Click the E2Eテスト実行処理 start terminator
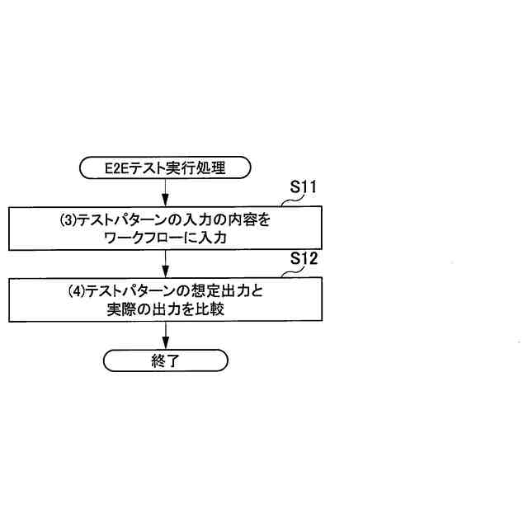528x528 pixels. click(165, 168)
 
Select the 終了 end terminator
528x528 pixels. click(165, 361)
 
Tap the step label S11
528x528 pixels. click(304, 187)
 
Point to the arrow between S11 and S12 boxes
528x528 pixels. click(166, 263)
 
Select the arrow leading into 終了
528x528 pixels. click(166, 335)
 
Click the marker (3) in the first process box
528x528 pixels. click(68, 221)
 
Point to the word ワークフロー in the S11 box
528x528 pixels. click(144, 238)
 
